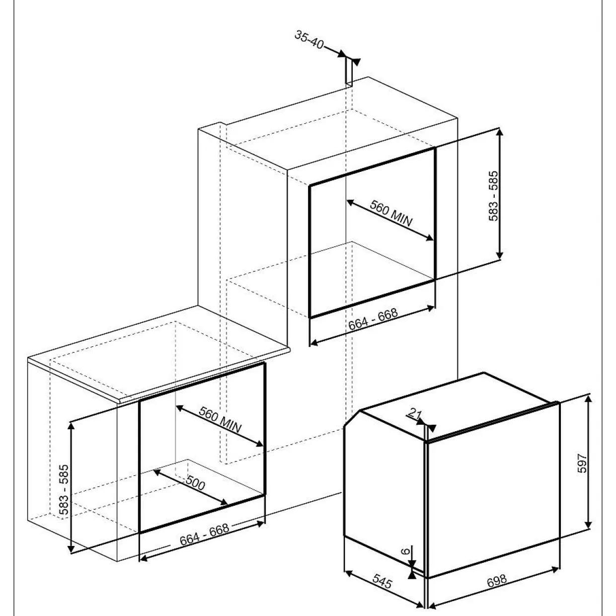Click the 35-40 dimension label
click(x=309, y=40)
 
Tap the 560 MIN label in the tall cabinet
click(x=391, y=213)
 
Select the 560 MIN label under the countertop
click(x=220, y=419)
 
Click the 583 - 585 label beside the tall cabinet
click(x=494, y=196)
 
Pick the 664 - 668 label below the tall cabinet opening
click(x=373, y=319)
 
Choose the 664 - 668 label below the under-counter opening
click(x=204, y=535)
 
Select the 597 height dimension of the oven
click(x=582, y=463)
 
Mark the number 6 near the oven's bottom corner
click(x=405, y=551)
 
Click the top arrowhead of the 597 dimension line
click(x=588, y=399)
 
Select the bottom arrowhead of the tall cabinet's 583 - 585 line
click(x=500, y=255)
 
